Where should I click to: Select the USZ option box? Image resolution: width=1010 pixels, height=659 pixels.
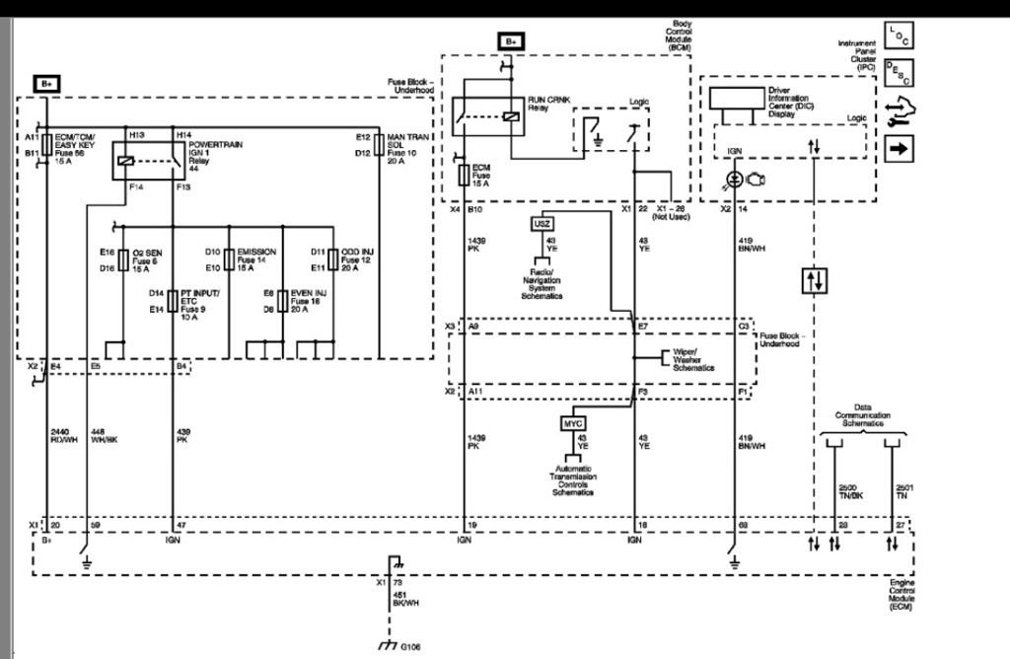pos(541,224)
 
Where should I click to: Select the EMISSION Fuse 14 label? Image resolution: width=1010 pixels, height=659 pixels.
pos(254,259)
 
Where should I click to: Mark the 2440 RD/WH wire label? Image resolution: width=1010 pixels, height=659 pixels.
pos(63,436)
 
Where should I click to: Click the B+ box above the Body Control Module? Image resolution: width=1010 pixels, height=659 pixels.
pos(511,41)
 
